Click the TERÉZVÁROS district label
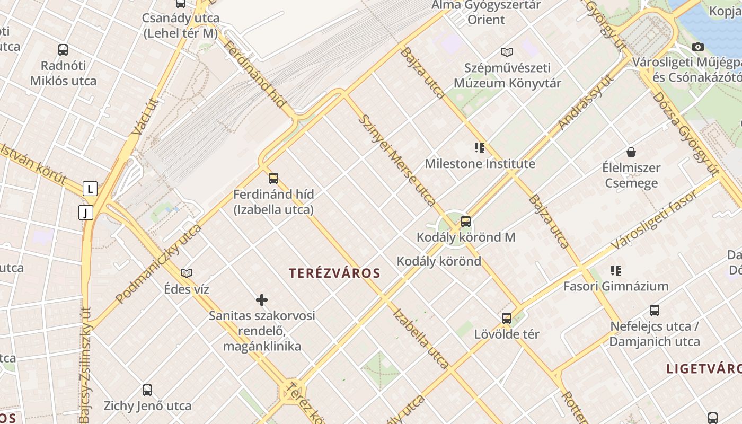(x=334, y=273)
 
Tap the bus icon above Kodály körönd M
(x=466, y=221)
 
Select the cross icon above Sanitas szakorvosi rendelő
(x=262, y=300)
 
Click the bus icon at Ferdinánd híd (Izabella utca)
(x=273, y=179)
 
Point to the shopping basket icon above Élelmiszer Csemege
(x=631, y=152)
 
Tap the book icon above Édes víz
(x=187, y=273)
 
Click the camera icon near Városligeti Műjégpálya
(x=698, y=47)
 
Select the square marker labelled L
(x=90, y=188)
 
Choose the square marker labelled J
(x=86, y=213)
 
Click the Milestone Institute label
(x=480, y=164)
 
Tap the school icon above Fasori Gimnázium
(x=615, y=271)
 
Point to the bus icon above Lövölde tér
(x=507, y=319)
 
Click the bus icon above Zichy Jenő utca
(x=147, y=390)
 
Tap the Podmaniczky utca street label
(x=159, y=263)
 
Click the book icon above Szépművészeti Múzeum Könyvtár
(x=507, y=52)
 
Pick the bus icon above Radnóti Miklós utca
(x=63, y=50)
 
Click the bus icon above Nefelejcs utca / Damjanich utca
(x=655, y=311)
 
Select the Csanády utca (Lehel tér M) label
(x=181, y=25)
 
